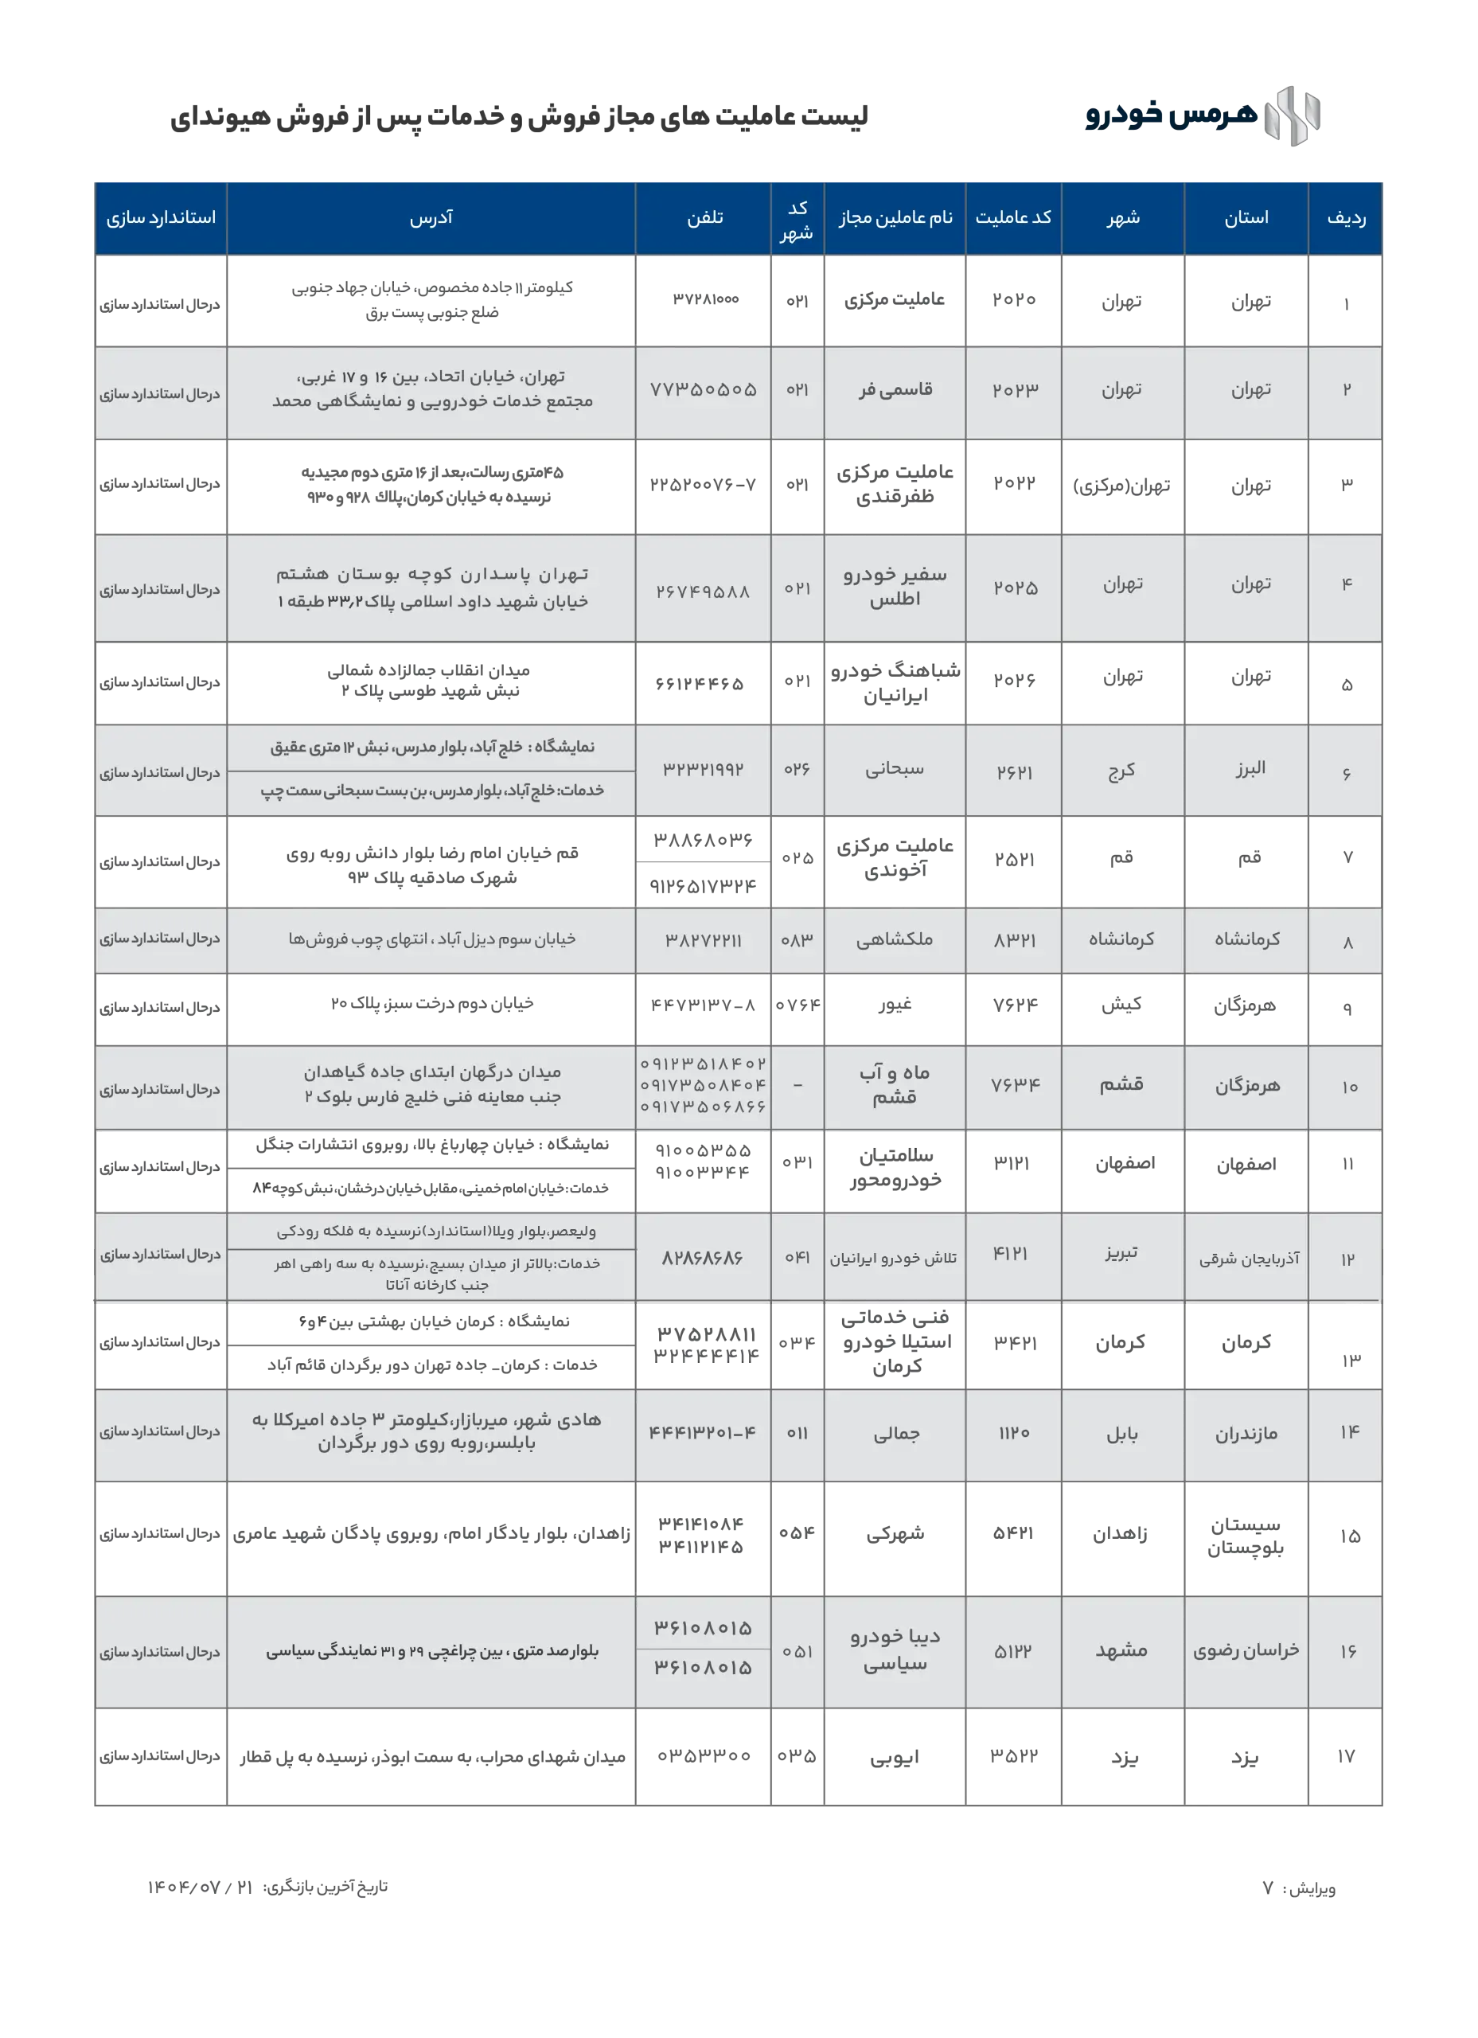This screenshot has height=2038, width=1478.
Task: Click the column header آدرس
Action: click(431, 218)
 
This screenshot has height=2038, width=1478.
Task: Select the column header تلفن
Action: click(704, 218)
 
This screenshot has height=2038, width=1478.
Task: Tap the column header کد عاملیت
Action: click(1013, 218)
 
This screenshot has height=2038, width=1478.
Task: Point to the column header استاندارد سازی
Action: click(161, 218)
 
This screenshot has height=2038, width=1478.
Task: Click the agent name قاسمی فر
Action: click(895, 390)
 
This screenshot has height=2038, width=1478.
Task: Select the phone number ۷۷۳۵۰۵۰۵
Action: click(704, 390)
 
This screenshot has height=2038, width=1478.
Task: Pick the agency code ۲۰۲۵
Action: click(1016, 588)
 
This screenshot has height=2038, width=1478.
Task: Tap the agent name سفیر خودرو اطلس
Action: click(895, 587)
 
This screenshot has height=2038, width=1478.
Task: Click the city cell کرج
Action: click(1122, 771)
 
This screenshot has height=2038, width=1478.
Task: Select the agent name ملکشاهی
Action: click(895, 940)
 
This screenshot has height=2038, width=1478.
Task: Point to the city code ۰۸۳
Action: click(797, 940)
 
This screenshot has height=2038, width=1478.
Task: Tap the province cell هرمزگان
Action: click(1248, 1087)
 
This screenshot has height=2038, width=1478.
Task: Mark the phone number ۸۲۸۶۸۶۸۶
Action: click(703, 1258)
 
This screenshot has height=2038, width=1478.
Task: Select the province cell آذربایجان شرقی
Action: click(1249, 1260)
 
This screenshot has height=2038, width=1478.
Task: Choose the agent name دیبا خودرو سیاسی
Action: click(895, 1651)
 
